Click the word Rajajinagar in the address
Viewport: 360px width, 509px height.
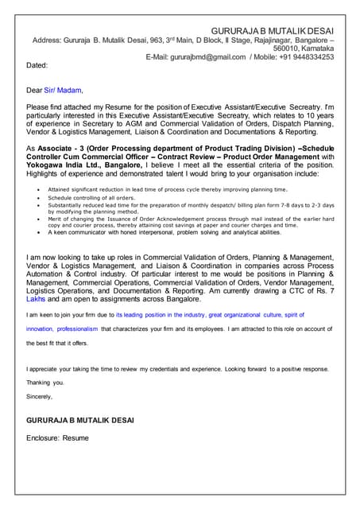tap(269, 39)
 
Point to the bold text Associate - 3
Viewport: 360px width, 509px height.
tap(71, 149)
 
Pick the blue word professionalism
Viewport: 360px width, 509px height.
tap(73, 328)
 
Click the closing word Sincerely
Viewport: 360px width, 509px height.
tap(39, 395)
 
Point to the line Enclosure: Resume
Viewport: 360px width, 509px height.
tap(57, 437)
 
